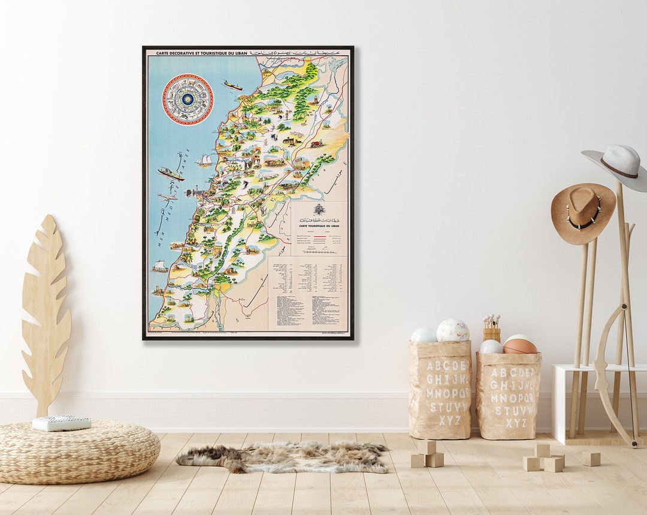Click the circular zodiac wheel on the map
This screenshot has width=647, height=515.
pos(188,99)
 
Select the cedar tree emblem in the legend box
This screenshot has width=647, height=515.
pos(319,210)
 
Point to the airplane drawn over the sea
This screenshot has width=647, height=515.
pos(167,197)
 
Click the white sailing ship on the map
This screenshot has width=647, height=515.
pos(204,160)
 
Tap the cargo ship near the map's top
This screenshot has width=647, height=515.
pos(232,85)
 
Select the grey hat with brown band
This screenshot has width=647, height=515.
pos(617,164)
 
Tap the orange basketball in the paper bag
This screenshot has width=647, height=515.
pos(519,346)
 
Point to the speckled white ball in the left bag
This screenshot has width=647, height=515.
pos(453,330)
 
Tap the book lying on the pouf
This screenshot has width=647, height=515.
pos(62,423)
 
